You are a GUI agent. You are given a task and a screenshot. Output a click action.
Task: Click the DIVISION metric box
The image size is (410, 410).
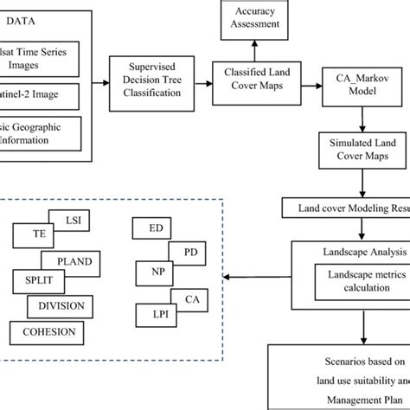pos(62,305)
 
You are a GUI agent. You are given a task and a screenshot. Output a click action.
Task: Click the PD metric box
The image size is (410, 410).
pos(184,253)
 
